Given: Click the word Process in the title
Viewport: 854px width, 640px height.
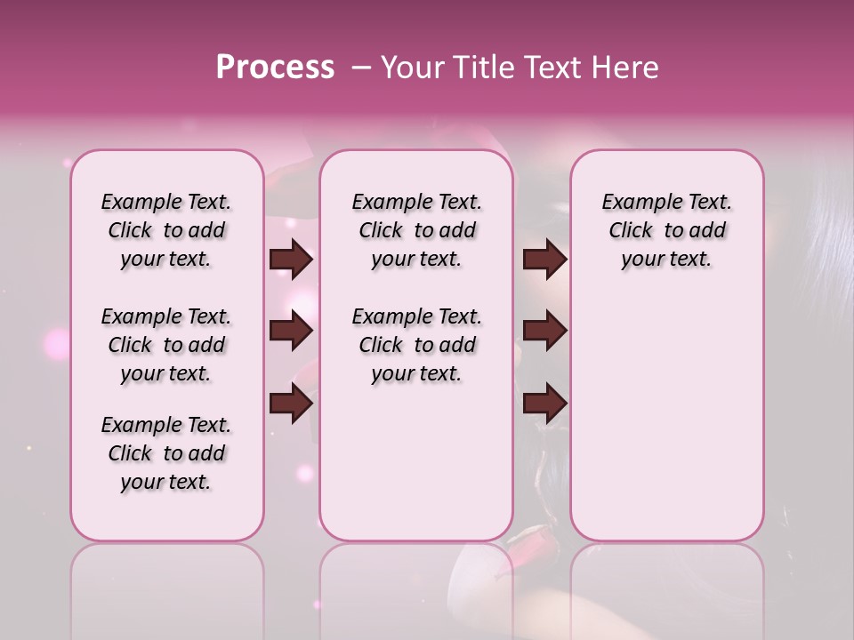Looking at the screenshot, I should pyautogui.click(x=275, y=68).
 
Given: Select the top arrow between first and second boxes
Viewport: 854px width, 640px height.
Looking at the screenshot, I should pyautogui.click(x=291, y=260).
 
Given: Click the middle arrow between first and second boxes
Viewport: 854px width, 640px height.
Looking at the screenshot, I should pyautogui.click(x=291, y=332).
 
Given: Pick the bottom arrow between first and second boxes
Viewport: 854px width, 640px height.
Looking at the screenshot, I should pyautogui.click(x=291, y=404).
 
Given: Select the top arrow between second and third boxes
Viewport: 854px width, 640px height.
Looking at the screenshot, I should pyautogui.click(x=544, y=260).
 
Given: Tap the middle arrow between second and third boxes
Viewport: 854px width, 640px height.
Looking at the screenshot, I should pyautogui.click(x=544, y=332).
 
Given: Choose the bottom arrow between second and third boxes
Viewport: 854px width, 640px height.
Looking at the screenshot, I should pyautogui.click(x=544, y=404).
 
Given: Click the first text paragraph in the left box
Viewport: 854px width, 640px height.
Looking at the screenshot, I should pyautogui.click(x=166, y=230).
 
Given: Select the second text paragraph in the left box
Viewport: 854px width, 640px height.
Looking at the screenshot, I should pyautogui.click(x=166, y=345).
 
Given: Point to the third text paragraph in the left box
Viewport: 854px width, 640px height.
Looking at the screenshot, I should pyautogui.click(x=166, y=453).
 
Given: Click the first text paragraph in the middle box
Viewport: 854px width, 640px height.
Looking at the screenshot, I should pyautogui.click(x=416, y=230).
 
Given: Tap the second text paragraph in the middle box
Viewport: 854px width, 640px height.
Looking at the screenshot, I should pyautogui.click(x=416, y=345).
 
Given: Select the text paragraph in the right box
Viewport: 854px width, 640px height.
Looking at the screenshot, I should pyautogui.click(x=666, y=230).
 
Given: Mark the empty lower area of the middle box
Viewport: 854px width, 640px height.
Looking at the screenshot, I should pyautogui.click(x=416, y=462).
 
